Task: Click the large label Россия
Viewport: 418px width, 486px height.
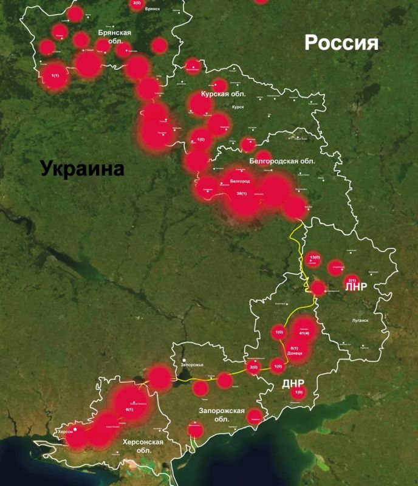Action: pos(341,43)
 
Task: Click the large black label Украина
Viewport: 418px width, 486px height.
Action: pos(82,168)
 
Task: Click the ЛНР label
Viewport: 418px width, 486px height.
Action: pos(356,287)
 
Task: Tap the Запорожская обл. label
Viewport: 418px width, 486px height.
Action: pos(221,415)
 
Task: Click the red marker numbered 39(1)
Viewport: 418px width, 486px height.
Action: pos(242,194)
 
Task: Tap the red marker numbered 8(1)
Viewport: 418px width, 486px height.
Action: pos(294,348)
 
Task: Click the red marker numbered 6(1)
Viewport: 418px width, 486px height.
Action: pos(129,409)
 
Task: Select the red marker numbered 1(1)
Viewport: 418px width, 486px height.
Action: pos(55,75)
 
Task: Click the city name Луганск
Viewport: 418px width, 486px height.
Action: pos(359,320)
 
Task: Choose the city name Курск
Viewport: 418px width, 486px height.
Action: pos(238,107)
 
